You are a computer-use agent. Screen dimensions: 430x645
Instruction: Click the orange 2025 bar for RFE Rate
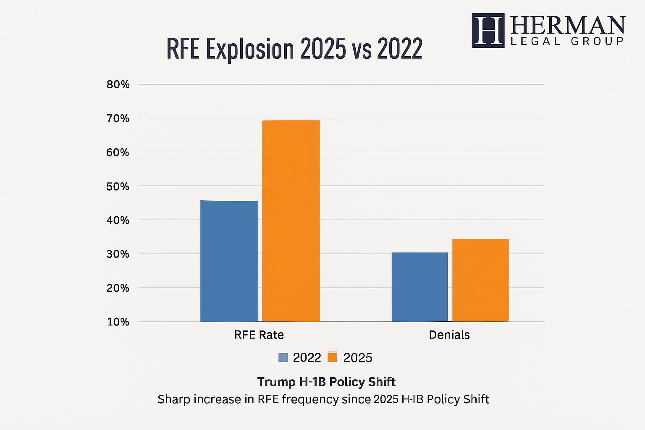[x=291, y=221]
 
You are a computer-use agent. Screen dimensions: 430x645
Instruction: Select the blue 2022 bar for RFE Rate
[x=229, y=261]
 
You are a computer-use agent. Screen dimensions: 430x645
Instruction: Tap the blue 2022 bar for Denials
[x=420, y=287]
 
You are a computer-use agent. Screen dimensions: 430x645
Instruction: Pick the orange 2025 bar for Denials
[x=480, y=280]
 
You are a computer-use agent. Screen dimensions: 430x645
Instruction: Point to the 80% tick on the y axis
[x=118, y=84]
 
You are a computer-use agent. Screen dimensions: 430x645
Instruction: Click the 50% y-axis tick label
[x=118, y=186]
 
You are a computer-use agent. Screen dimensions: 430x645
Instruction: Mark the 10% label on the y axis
[x=118, y=322]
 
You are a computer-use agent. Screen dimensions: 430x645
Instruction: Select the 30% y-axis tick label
[x=118, y=254]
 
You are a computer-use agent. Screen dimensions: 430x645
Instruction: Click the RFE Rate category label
[x=259, y=335]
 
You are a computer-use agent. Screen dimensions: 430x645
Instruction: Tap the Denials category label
[x=449, y=335]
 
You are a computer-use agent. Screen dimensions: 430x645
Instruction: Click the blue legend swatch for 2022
[x=283, y=357]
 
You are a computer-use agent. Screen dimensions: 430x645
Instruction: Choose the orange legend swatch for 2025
[x=332, y=357]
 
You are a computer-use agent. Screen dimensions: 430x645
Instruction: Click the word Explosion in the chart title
[x=249, y=49]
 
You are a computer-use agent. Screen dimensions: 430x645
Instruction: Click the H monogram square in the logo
[x=488, y=30]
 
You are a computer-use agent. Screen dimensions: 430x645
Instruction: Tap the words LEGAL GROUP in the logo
[x=567, y=41]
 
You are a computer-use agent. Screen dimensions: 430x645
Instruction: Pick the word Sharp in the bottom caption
[x=173, y=399]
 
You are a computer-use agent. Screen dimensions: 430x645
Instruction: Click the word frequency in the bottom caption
[x=310, y=399]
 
